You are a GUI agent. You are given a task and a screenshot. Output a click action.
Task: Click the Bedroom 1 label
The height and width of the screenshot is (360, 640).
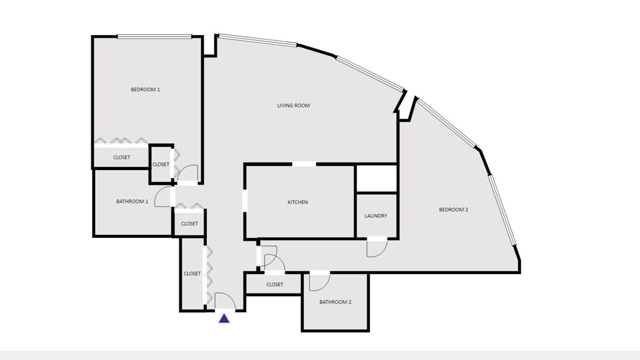(x=145, y=89)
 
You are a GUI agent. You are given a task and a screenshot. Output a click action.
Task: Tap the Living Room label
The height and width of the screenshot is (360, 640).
(x=293, y=105)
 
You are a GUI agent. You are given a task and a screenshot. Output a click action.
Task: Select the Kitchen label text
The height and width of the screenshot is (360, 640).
(x=297, y=202)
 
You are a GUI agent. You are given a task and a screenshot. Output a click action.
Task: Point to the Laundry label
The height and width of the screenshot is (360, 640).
(x=375, y=216)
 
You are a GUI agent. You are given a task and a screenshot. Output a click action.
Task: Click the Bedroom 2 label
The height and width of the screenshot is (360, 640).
(x=453, y=209)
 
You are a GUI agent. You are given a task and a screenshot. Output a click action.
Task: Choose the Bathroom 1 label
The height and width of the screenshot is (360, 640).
(x=132, y=201)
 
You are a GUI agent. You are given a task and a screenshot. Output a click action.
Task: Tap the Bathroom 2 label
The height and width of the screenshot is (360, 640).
(x=335, y=302)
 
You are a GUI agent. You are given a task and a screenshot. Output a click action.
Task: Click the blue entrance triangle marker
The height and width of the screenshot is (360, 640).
(x=224, y=318)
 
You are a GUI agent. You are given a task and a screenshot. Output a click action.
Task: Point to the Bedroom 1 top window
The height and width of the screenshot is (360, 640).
(x=154, y=36)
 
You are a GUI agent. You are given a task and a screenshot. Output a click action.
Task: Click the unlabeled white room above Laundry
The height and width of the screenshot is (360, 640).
(x=377, y=178)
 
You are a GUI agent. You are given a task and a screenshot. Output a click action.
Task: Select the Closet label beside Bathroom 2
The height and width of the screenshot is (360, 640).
(x=274, y=284)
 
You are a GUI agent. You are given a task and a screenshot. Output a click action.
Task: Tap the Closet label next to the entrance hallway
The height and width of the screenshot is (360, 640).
(x=192, y=273)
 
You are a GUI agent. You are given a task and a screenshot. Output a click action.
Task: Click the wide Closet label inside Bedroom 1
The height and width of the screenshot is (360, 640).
(x=121, y=157)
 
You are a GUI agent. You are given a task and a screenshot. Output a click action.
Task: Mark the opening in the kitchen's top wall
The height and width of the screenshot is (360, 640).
(x=304, y=164)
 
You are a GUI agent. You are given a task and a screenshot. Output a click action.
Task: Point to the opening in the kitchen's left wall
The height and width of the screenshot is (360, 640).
(x=244, y=201)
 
